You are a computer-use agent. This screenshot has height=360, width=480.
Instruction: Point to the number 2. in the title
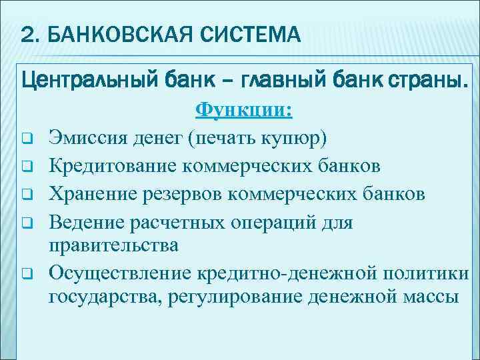tap(31, 33)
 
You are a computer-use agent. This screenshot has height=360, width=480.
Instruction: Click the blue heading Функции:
tap(243, 110)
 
